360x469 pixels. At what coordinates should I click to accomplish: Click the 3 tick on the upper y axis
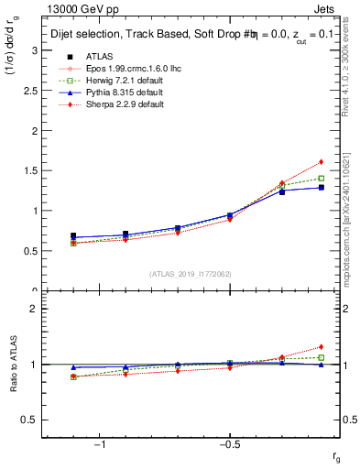(37, 49)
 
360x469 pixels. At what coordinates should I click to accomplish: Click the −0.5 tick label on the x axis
(228, 444)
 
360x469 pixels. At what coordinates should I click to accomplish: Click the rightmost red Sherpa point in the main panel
(322, 162)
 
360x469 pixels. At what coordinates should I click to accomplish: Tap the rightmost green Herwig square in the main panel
(322, 178)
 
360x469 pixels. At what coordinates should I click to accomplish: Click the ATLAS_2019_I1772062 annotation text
(191, 274)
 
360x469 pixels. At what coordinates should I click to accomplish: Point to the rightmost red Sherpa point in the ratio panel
(322, 347)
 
